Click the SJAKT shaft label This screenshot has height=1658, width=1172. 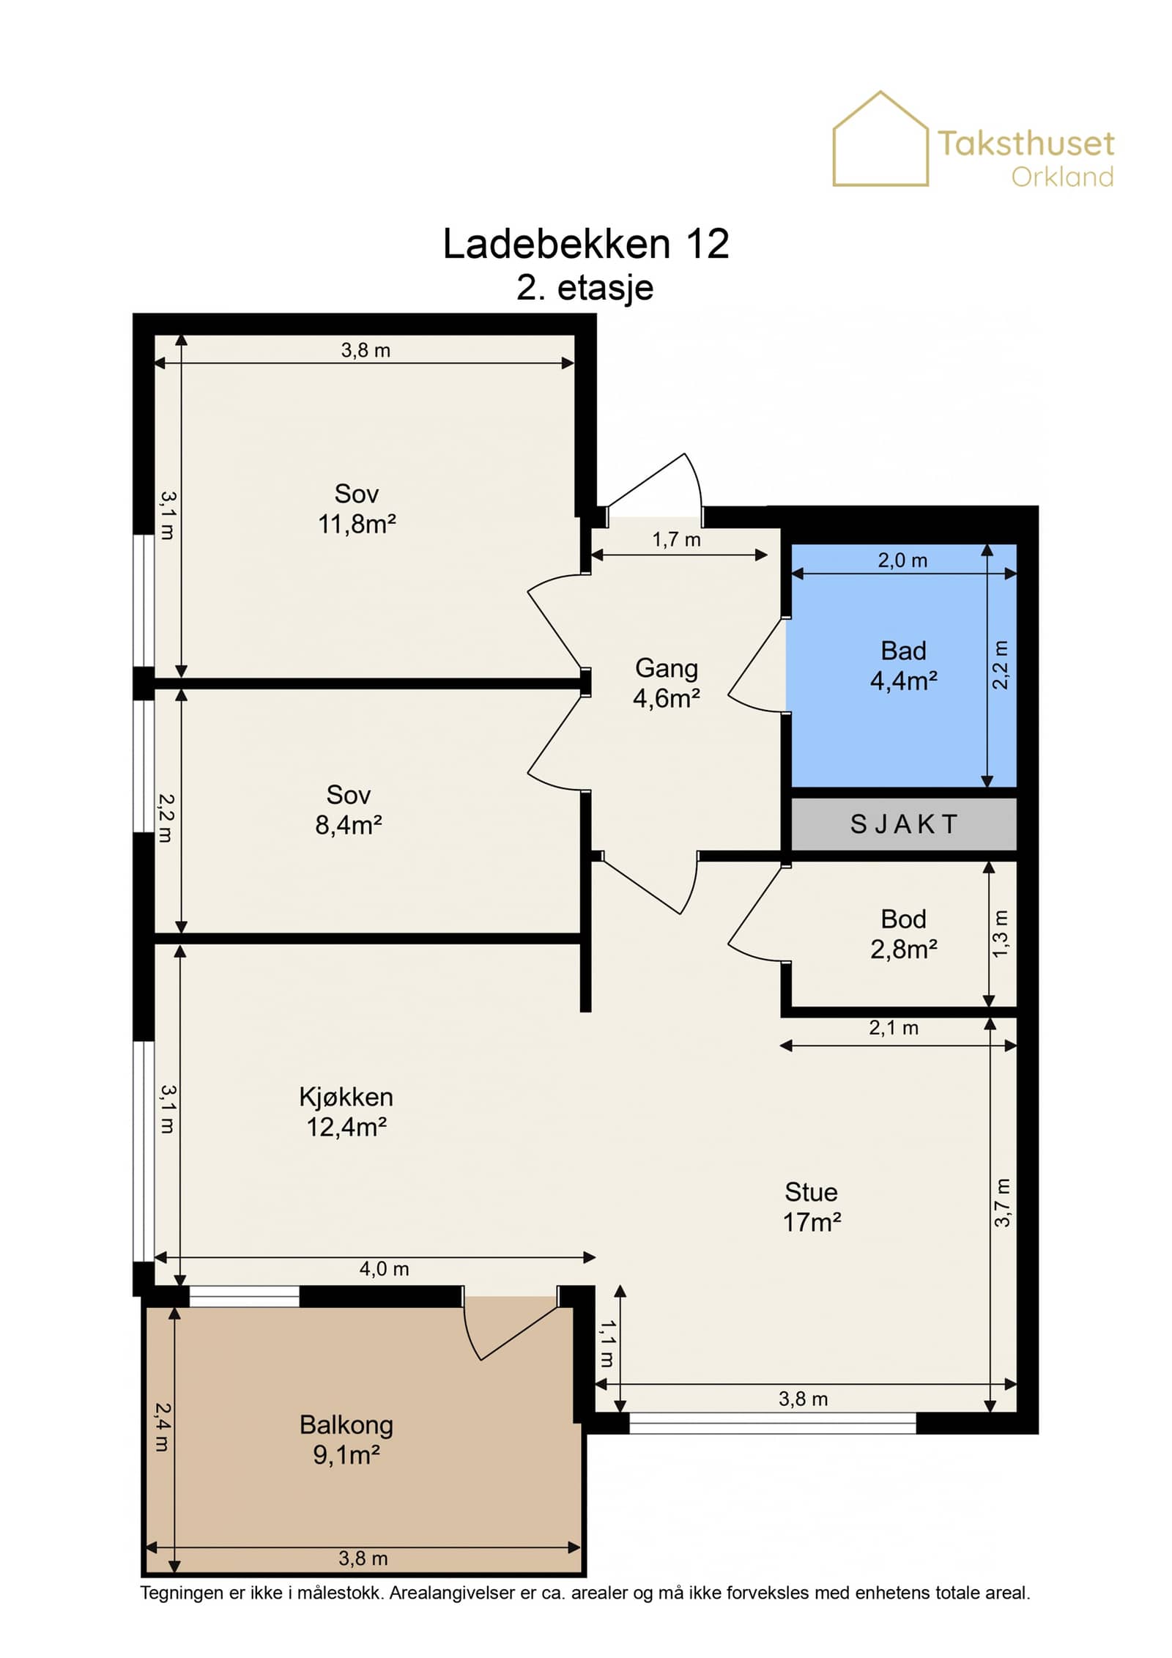(903, 824)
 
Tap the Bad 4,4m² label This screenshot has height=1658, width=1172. (903, 666)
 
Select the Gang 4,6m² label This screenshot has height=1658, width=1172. (666, 683)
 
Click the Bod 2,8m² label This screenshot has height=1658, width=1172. (903, 934)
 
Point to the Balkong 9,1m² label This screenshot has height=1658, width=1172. (346, 1440)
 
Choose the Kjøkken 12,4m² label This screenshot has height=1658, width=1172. (346, 1111)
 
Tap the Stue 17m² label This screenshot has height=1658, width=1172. (812, 1207)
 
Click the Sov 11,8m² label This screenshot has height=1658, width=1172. (357, 508)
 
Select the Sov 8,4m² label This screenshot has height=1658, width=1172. (349, 810)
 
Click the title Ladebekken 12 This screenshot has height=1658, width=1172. (586, 244)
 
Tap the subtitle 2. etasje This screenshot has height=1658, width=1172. (585, 287)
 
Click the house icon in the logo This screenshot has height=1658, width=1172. (880, 138)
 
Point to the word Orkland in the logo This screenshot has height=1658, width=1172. (1062, 177)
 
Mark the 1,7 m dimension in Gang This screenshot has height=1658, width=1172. (676, 540)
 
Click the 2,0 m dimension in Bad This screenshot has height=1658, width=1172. (902, 560)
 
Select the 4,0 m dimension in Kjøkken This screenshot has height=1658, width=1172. (384, 1269)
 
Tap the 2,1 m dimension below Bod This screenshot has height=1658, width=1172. (894, 1028)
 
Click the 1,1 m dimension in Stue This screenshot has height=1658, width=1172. (607, 1344)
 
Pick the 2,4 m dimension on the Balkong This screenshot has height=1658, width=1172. (162, 1428)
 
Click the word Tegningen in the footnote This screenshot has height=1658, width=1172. (182, 1593)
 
